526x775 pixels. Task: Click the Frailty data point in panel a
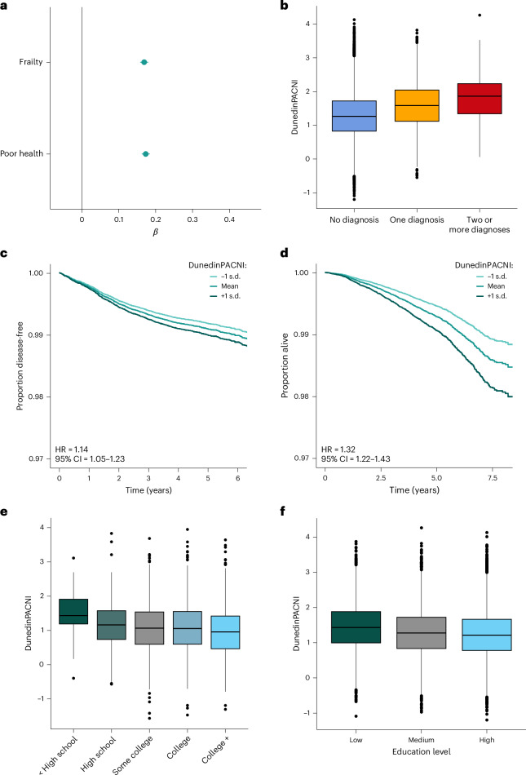click(x=144, y=62)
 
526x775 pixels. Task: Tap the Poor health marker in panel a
click(x=145, y=153)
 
